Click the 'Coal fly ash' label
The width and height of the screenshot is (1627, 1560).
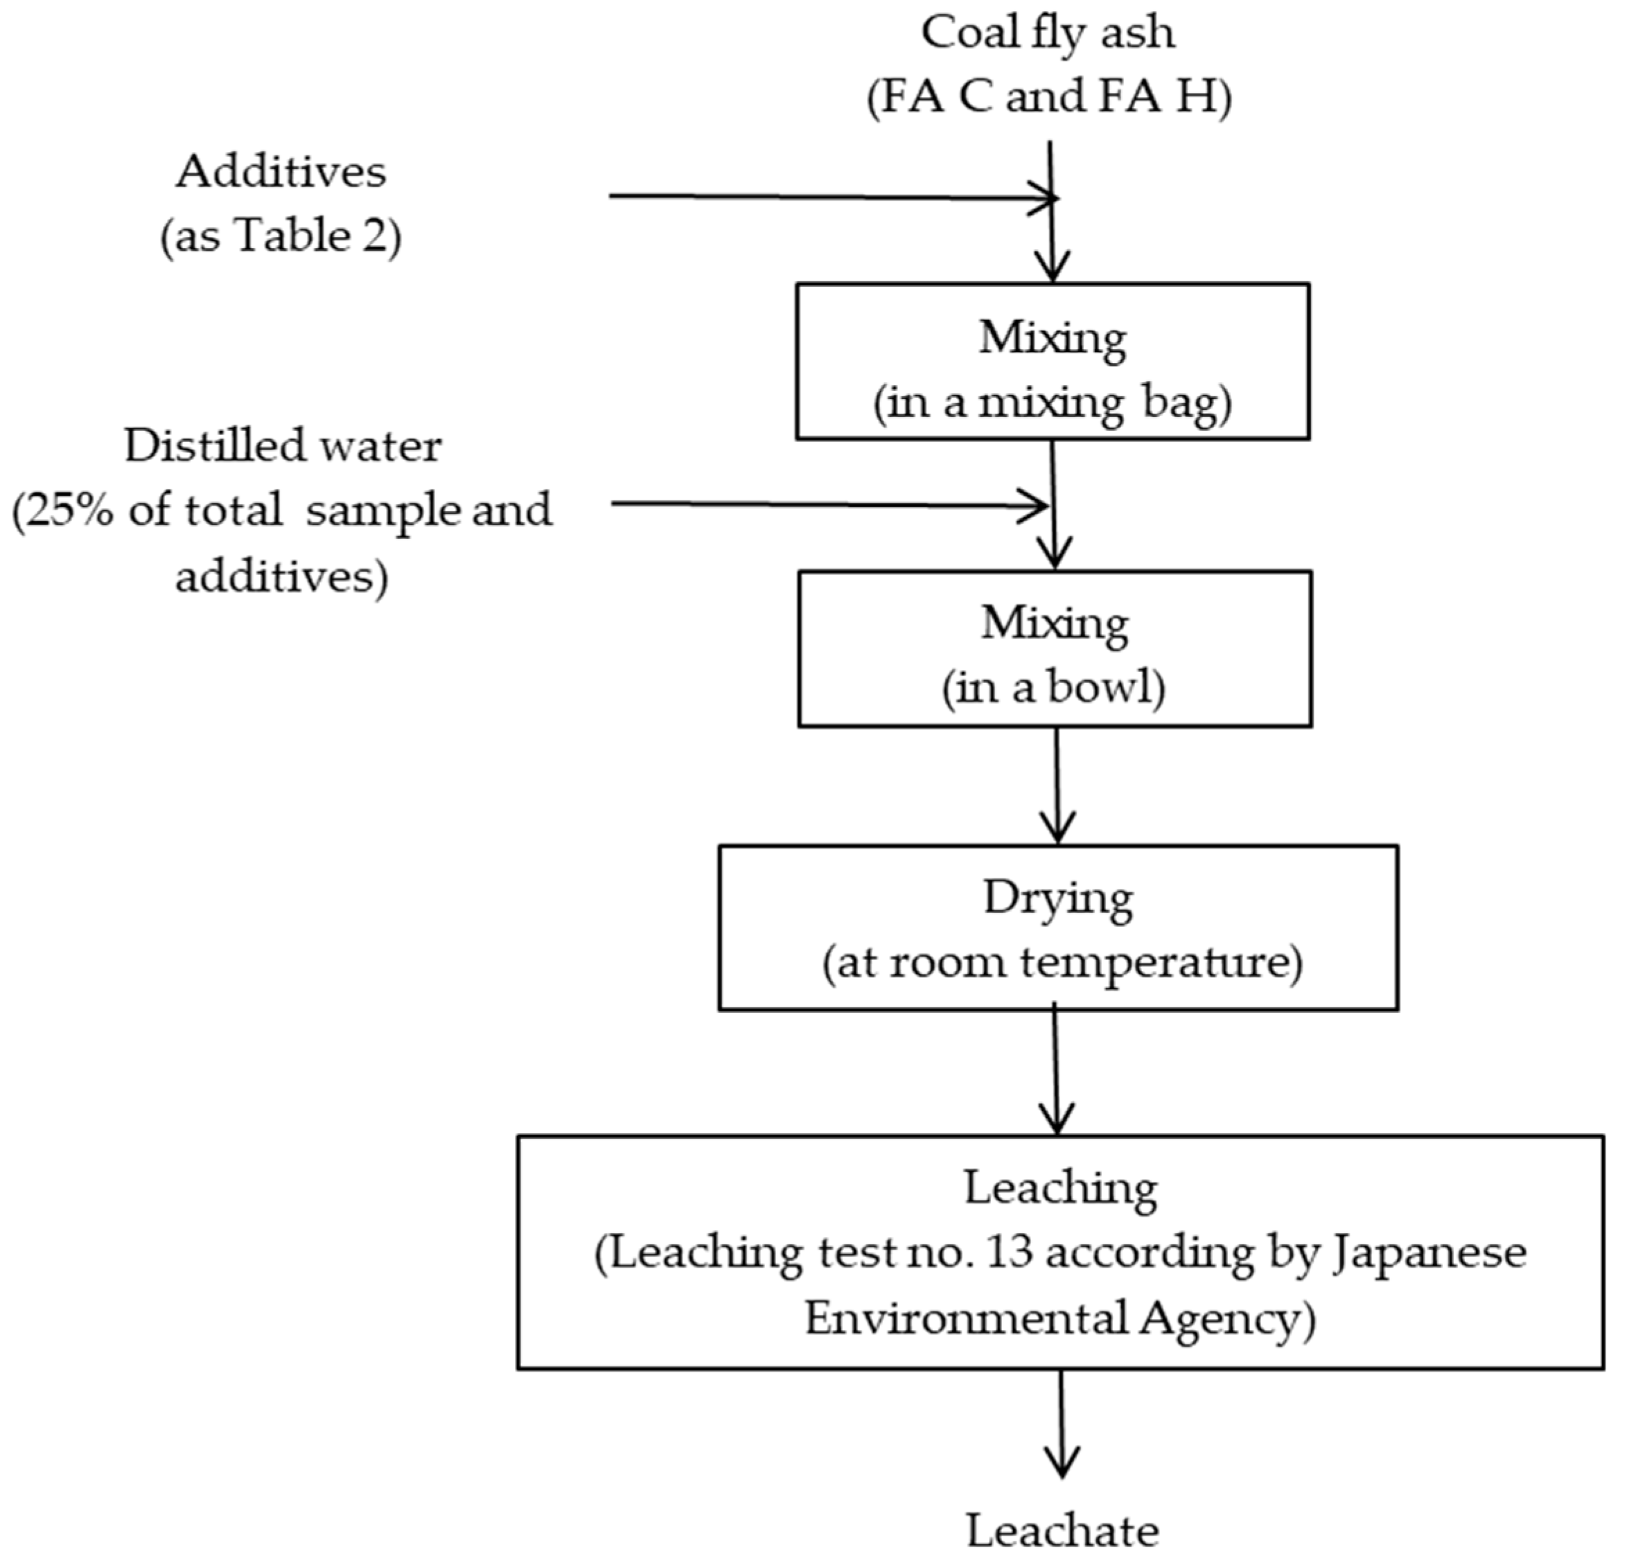(1048, 34)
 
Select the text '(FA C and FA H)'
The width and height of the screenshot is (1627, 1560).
(1049, 97)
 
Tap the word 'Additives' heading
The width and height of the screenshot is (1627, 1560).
(281, 172)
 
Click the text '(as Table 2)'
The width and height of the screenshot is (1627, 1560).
(281, 236)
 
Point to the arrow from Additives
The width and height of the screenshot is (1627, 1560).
(830, 197)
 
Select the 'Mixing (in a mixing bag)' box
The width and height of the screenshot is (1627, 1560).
(1053, 362)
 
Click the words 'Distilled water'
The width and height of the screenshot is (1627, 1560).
(282, 446)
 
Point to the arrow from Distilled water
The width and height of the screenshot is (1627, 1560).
(830, 504)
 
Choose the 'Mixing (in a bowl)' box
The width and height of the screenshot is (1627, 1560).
(1054, 649)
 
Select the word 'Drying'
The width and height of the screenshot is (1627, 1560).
(1057, 898)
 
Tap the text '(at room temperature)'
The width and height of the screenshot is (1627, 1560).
(1062, 964)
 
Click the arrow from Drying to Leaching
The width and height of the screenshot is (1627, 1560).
(1056, 1071)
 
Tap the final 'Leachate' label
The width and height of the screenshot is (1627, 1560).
(1062, 1531)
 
